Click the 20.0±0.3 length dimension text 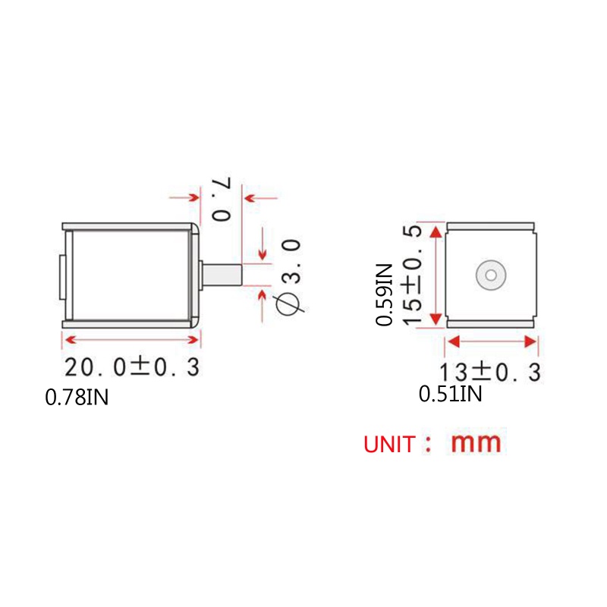click(x=132, y=366)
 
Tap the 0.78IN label click(x=77, y=397)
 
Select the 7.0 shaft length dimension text click(x=221, y=199)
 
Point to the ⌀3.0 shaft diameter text click(x=288, y=278)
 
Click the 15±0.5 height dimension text click(x=411, y=275)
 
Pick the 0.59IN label click(x=384, y=294)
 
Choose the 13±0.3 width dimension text click(x=490, y=373)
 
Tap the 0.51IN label click(x=450, y=394)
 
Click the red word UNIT click(x=389, y=445)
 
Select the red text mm click(x=476, y=443)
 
